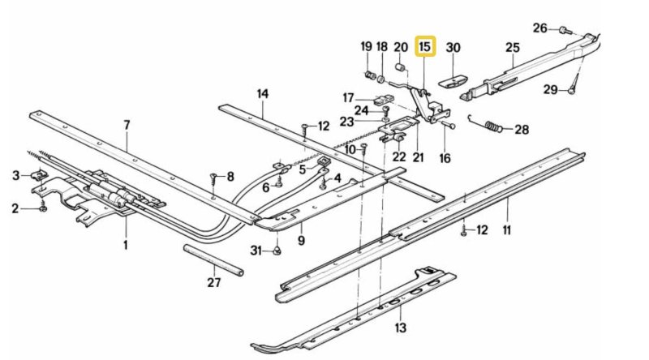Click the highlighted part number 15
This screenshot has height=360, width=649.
point(425,47)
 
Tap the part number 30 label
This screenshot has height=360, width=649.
point(453,48)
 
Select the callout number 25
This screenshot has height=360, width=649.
point(512,48)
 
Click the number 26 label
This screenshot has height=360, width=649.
point(540,28)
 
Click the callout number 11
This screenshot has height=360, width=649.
point(507,231)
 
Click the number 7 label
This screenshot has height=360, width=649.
point(127,125)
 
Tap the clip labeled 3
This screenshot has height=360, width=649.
point(37,176)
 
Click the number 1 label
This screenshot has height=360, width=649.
point(126,243)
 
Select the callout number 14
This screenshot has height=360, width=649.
point(262,93)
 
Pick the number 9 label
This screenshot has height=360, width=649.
point(300,240)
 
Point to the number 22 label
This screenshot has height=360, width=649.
point(399,157)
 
